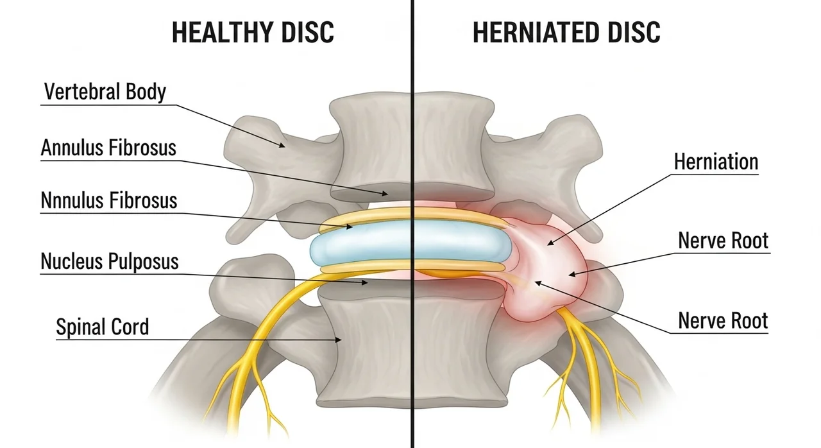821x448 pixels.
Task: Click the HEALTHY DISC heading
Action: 253,32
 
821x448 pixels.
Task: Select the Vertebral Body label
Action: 105,92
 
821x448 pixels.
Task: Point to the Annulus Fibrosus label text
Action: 108,148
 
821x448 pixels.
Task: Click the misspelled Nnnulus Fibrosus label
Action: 109,200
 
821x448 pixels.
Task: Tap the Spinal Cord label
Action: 103,327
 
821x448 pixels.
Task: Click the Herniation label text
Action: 716,162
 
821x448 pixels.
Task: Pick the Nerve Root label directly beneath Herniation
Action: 723,241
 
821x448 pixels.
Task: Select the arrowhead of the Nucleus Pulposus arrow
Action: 366,282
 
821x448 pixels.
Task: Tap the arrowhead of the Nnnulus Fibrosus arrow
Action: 350,227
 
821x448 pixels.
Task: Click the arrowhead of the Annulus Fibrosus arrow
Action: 385,193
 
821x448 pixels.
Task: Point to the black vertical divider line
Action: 412,224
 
